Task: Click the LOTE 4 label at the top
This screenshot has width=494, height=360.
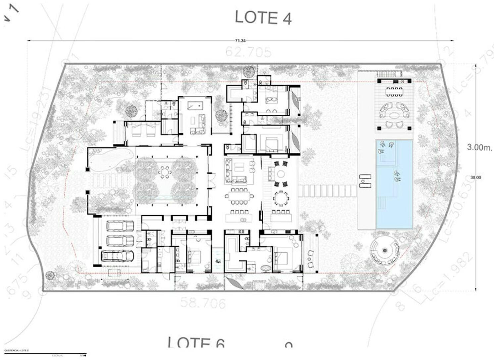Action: pyautogui.click(x=263, y=17)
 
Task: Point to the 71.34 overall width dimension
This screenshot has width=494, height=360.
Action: pyautogui.click(x=240, y=41)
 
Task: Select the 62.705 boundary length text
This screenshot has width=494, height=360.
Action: pyautogui.click(x=248, y=52)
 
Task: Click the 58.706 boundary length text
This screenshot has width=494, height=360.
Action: pyautogui.click(x=203, y=303)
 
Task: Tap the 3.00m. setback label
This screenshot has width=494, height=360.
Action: pyautogui.click(x=479, y=147)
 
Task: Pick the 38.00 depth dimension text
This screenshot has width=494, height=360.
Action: pyautogui.click(x=475, y=178)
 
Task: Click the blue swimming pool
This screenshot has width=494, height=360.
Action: pyautogui.click(x=394, y=184)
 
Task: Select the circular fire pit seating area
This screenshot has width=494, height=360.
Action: pyautogui.click(x=384, y=251)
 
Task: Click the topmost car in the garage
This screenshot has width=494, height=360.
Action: pyautogui.click(x=120, y=226)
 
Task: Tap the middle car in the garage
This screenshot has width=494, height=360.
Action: pyautogui.click(x=120, y=241)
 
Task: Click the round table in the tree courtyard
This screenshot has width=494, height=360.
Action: pyautogui.click(x=165, y=172)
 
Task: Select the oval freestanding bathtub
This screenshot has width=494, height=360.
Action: pyautogui.click(x=266, y=268)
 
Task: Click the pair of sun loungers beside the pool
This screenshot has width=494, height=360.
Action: pyautogui.click(x=365, y=181)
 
